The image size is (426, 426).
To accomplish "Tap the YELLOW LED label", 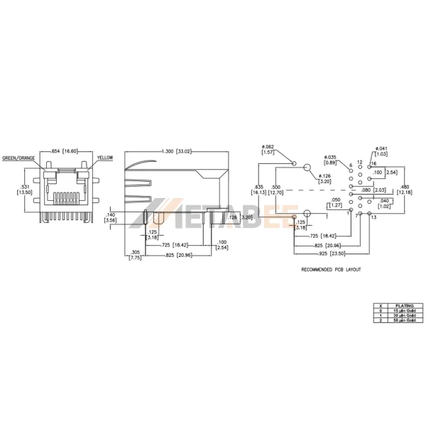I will [x=105, y=158].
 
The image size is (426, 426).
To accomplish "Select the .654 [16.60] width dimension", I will [x=64, y=151].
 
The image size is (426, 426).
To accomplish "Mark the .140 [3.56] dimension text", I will [x=110, y=217].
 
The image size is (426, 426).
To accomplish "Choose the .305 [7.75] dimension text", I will [x=135, y=255].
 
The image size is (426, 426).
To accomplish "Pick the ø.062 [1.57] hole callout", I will [x=269, y=149].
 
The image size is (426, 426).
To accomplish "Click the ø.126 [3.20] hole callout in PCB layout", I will [x=324, y=178].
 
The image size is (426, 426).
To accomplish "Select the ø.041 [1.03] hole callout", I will [x=380, y=151].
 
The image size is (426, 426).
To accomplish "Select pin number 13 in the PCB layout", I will [x=374, y=217].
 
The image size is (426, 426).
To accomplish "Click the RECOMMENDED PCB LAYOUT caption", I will [x=331, y=270].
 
